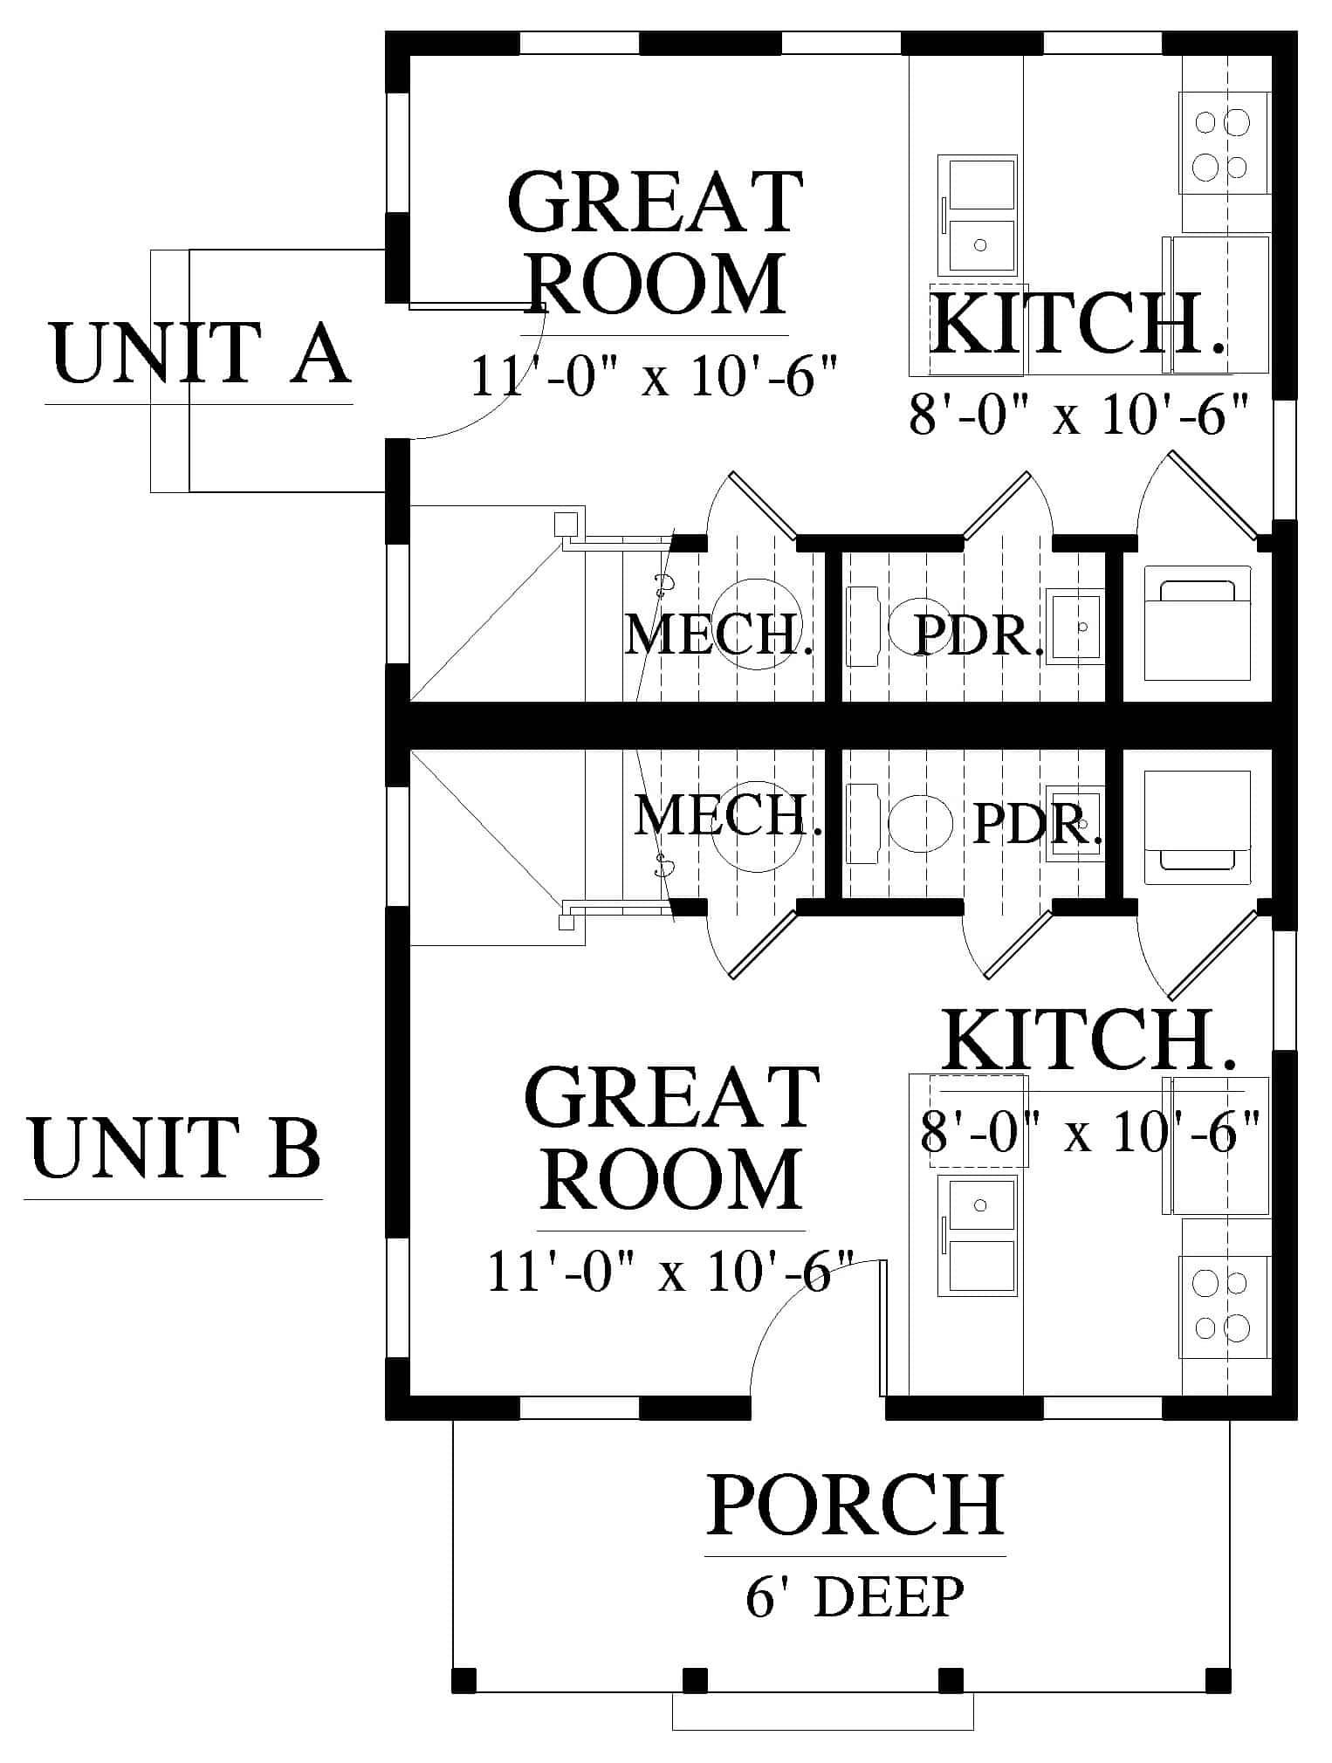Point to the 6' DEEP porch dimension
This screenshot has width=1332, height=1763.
coord(855,1596)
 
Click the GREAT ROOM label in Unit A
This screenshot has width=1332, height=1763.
coord(655,244)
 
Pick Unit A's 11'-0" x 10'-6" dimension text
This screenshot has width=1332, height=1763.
coord(655,375)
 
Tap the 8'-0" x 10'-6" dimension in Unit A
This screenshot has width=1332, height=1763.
coord(1080,415)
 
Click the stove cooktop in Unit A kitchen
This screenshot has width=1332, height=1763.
coord(1225,142)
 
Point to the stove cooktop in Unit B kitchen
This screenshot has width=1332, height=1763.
coord(1225,1306)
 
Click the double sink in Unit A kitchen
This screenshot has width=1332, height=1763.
coord(978,215)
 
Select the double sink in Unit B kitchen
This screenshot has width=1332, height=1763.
coord(978,1235)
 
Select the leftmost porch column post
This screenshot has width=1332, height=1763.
coord(464,1680)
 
